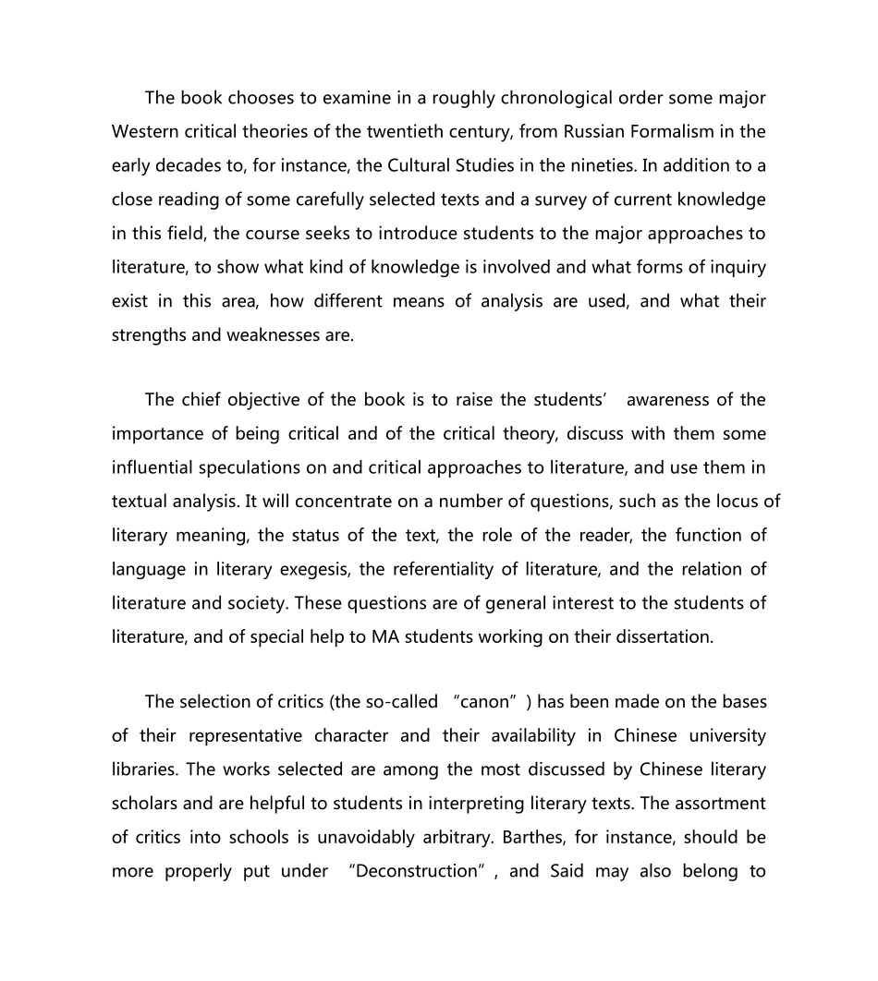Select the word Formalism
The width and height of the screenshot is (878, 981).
coord(671,131)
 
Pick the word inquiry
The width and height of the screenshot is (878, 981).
coord(737,267)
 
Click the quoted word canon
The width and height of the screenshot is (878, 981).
coord(485,702)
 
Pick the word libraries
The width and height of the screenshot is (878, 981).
coord(143,769)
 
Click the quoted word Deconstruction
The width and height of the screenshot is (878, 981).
coord(419,871)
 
